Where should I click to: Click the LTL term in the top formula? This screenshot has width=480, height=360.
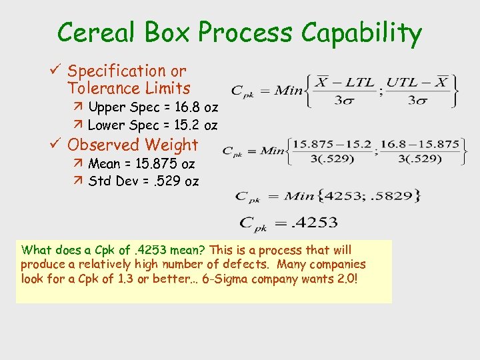tap(360, 82)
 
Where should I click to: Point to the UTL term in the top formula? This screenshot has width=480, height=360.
tap(401, 82)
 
